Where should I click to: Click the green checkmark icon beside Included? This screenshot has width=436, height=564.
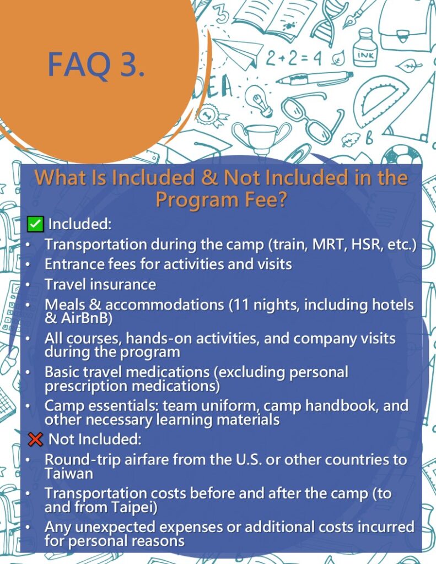[35, 224]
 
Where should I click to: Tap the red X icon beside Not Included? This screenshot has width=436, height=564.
[35, 439]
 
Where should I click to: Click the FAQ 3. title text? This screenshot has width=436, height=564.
[96, 65]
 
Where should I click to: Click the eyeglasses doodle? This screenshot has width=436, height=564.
[310, 116]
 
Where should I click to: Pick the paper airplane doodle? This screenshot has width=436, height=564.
[239, 54]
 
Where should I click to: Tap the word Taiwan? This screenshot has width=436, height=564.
[69, 473]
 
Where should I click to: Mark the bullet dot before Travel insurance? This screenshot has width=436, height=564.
[28, 285]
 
